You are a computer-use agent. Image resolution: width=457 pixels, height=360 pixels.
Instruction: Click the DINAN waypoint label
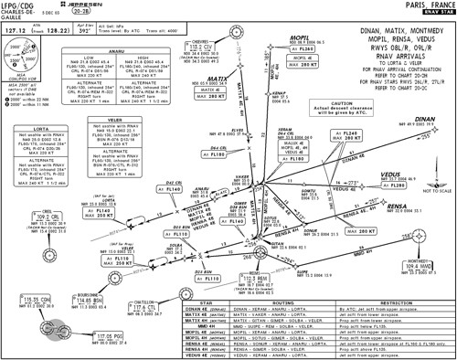(433, 118)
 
